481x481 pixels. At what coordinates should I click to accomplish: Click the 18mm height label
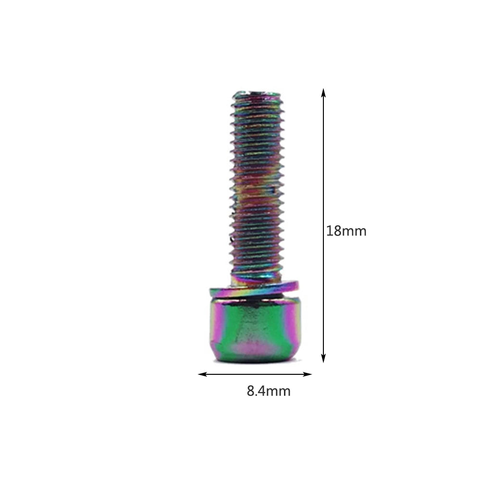[346, 231]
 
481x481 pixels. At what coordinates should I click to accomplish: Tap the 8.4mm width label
[269, 391]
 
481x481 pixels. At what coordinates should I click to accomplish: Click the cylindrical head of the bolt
[255, 329]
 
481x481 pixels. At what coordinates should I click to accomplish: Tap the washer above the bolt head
[254, 288]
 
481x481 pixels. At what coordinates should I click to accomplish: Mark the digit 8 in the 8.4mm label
[251, 391]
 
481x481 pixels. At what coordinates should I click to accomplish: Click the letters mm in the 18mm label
[354, 231]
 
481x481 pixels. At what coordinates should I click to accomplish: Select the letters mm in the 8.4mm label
[279, 391]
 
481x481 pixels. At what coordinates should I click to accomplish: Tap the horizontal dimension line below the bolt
[255, 374]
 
